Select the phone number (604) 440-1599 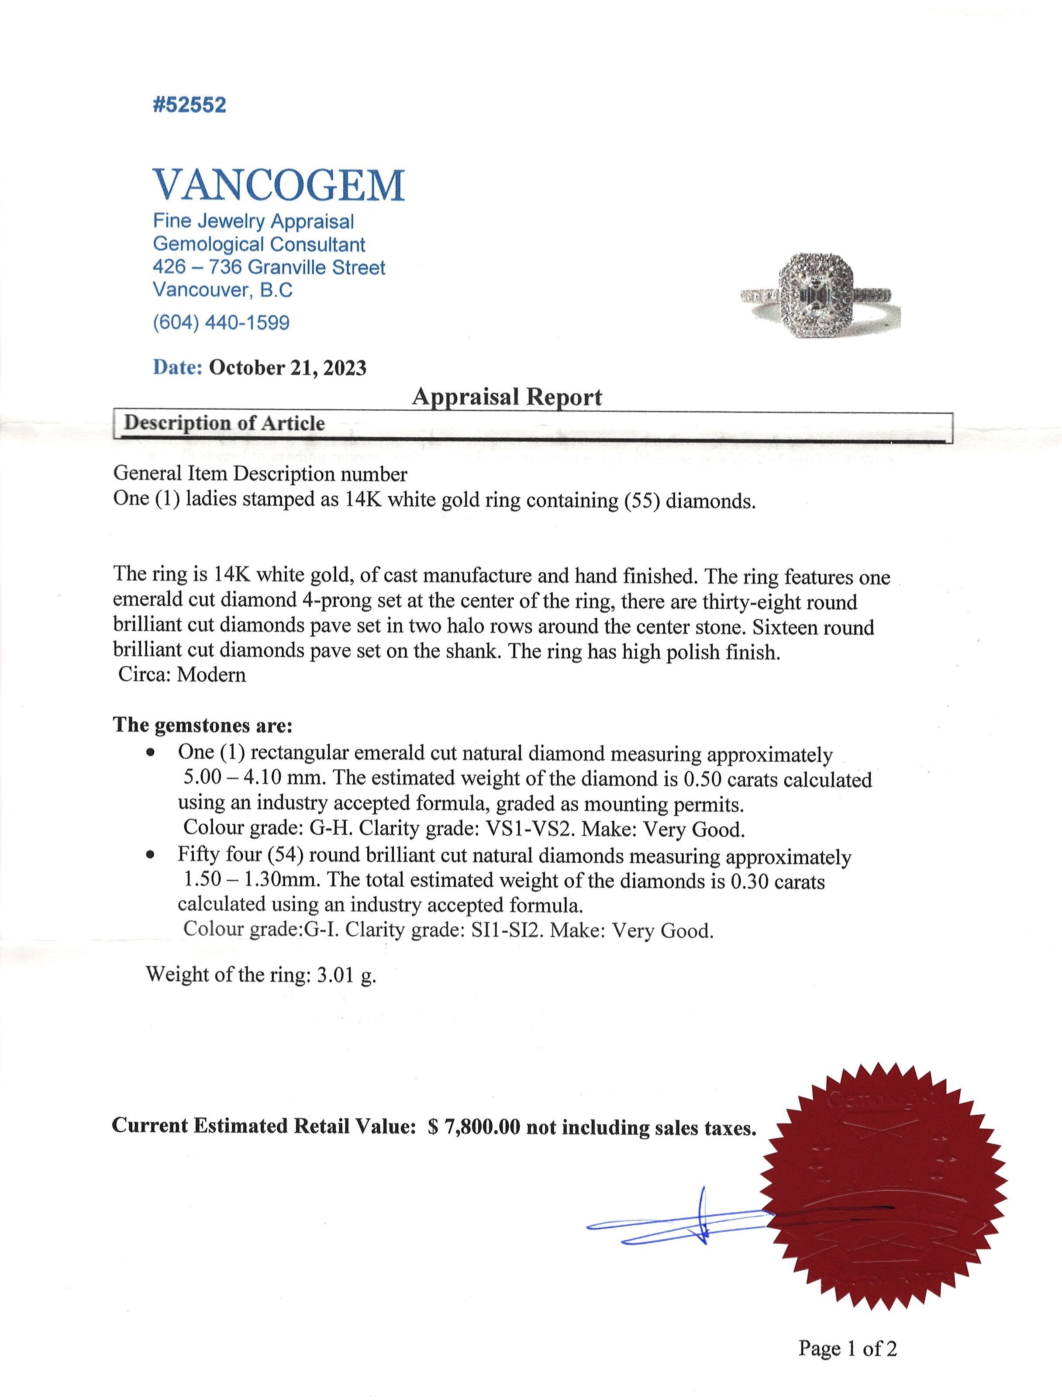tap(221, 323)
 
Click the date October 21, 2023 tap(287, 368)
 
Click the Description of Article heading tap(225, 423)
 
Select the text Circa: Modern tap(182, 675)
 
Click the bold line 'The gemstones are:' tap(203, 725)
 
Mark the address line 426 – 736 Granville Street tap(269, 268)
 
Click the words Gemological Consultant tap(259, 244)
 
